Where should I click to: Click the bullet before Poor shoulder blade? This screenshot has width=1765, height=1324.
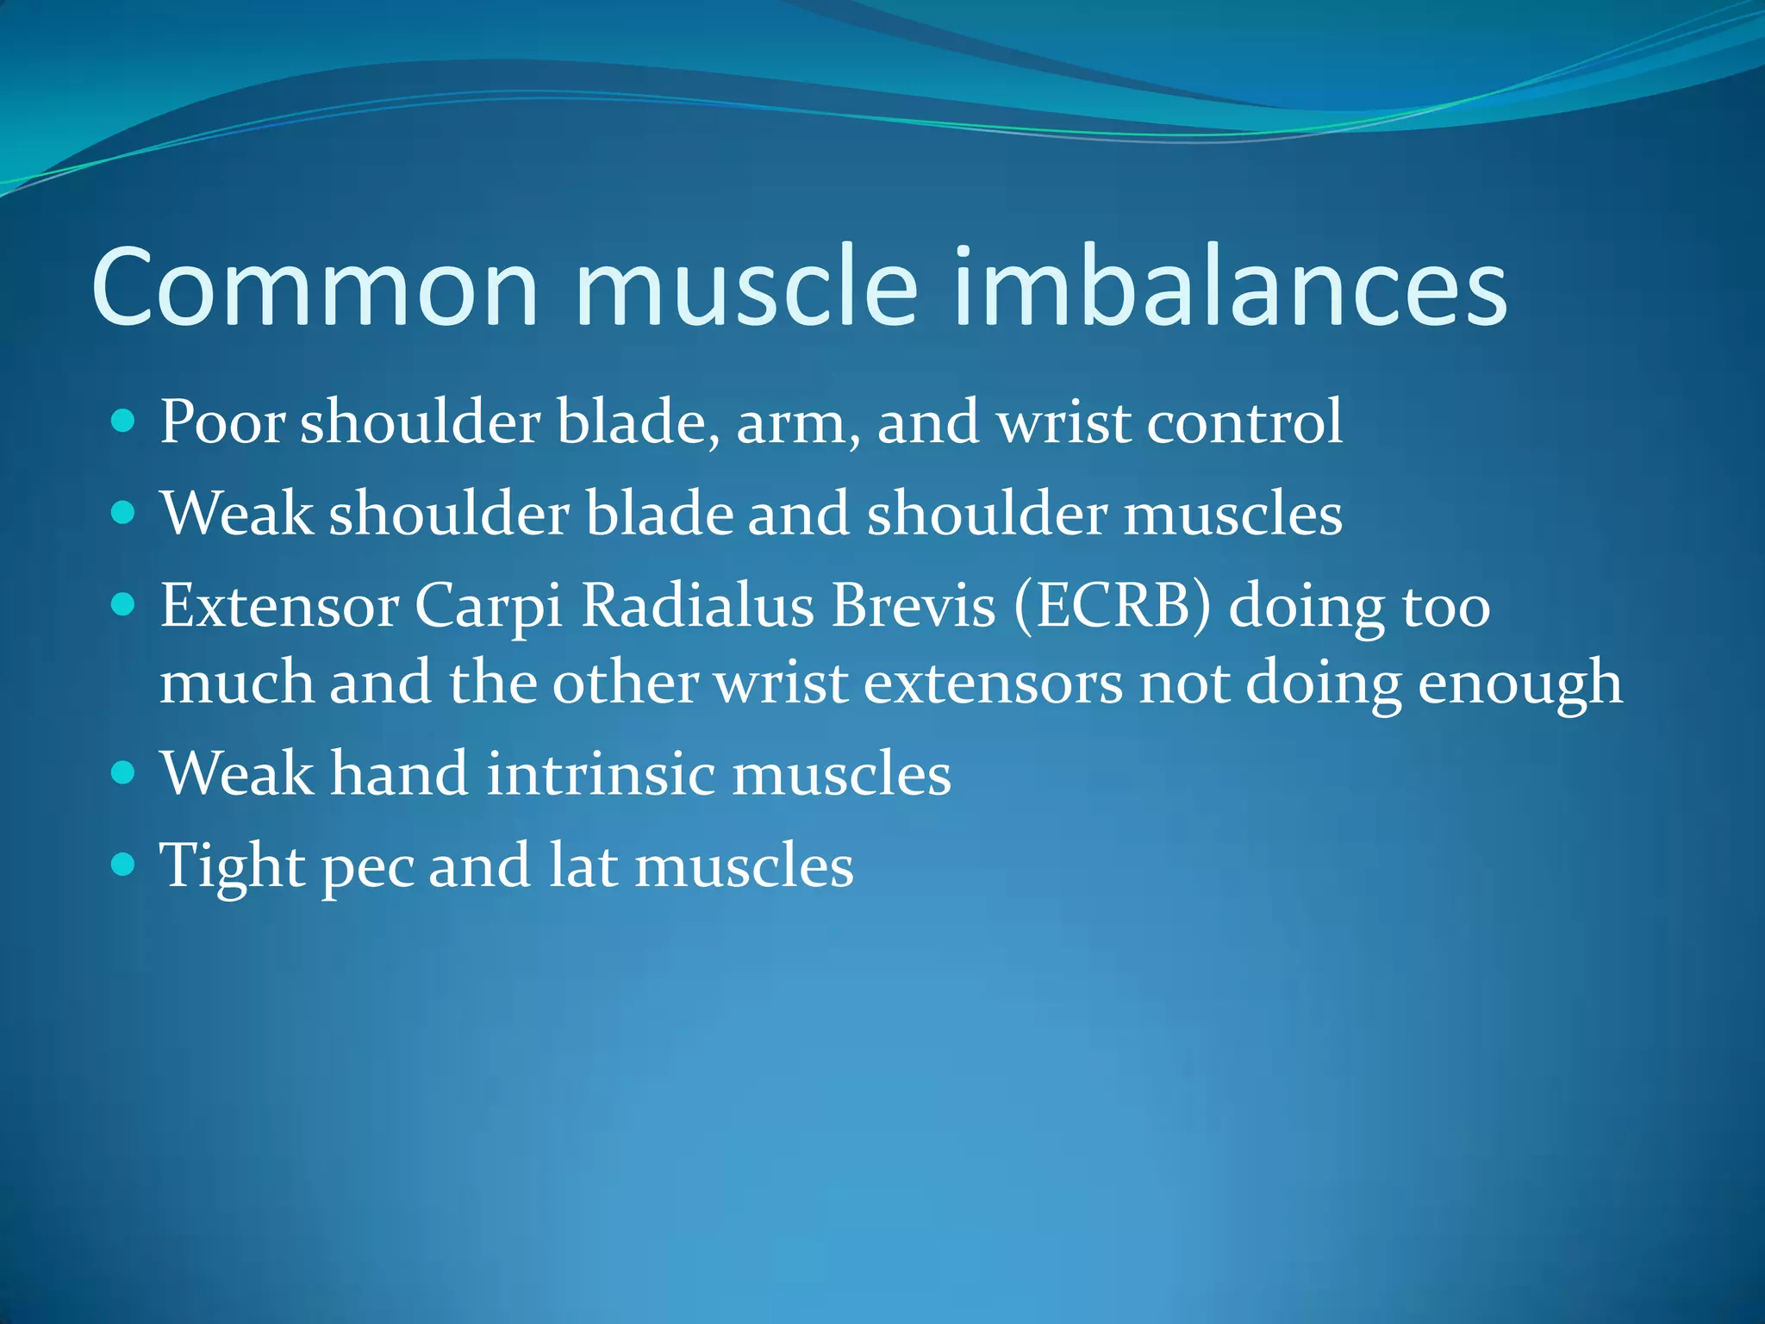pyautogui.click(x=124, y=422)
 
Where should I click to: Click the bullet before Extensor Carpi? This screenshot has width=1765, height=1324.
pyautogui.click(x=124, y=605)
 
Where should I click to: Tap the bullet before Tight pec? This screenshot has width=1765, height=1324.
pyautogui.click(x=124, y=864)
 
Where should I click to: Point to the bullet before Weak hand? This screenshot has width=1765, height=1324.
pyautogui.click(x=124, y=771)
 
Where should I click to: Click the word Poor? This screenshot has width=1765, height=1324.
pyautogui.click(x=222, y=422)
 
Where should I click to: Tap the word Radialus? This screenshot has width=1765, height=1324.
pyautogui.click(x=698, y=605)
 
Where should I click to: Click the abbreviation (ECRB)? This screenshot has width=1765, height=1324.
pyautogui.click(x=1113, y=605)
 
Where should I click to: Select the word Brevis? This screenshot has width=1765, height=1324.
pyautogui.click(x=914, y=605)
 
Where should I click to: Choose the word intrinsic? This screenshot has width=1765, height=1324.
pyautogui.click(x=601, y=773)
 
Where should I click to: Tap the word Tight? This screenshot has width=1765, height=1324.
pyautogui.click(x=233, y=866)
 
